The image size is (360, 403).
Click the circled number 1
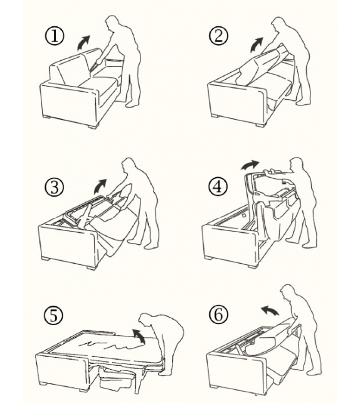[x=54, y=36]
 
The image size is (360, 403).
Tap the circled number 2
[x=218, y=36]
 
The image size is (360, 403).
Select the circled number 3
[x=54, y=187]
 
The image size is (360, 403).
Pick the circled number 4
[x=218, y=186]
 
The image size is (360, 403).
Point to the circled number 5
[x=53, y=315]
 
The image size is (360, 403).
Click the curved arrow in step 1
[x=83, y=43]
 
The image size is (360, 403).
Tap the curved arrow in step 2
[x=257, y=44]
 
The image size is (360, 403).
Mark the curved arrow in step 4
[x=250, y=164]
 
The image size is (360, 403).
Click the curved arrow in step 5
[x=139, y=335]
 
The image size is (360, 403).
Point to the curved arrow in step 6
[x=270, y=310]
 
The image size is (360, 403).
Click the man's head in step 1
[x=114, y=24]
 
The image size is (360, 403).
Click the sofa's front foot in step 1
[x=93, y=126]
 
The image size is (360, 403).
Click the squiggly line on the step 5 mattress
[x=110, y=345]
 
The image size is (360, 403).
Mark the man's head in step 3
[x=130, y=166]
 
